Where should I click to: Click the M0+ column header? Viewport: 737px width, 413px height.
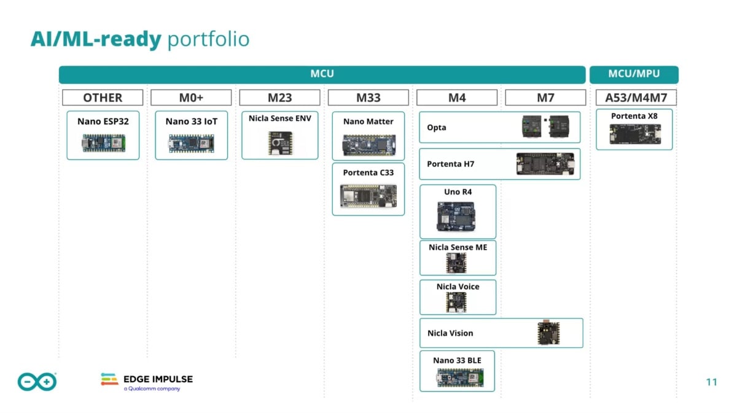191,98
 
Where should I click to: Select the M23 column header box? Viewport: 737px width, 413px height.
279,98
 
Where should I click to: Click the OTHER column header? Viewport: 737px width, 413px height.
103,98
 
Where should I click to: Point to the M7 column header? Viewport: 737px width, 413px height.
545,98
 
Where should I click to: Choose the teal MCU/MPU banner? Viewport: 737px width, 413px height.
634,74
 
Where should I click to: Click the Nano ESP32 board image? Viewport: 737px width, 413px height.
103,143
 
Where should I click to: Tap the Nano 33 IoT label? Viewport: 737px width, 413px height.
191,122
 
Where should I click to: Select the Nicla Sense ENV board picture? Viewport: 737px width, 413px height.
280,142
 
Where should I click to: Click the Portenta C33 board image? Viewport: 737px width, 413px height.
368,196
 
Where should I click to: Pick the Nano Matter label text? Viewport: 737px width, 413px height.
368,122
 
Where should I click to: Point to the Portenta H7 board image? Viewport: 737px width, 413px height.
545,164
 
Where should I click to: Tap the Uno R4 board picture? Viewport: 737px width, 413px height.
458,215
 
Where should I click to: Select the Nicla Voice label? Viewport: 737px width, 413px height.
458,287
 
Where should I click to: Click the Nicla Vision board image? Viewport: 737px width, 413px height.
544,333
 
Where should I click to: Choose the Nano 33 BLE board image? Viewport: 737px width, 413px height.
458,377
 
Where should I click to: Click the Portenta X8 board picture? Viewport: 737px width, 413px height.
634,134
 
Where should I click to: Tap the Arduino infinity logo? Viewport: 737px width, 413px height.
37,382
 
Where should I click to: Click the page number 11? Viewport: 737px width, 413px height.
711,382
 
